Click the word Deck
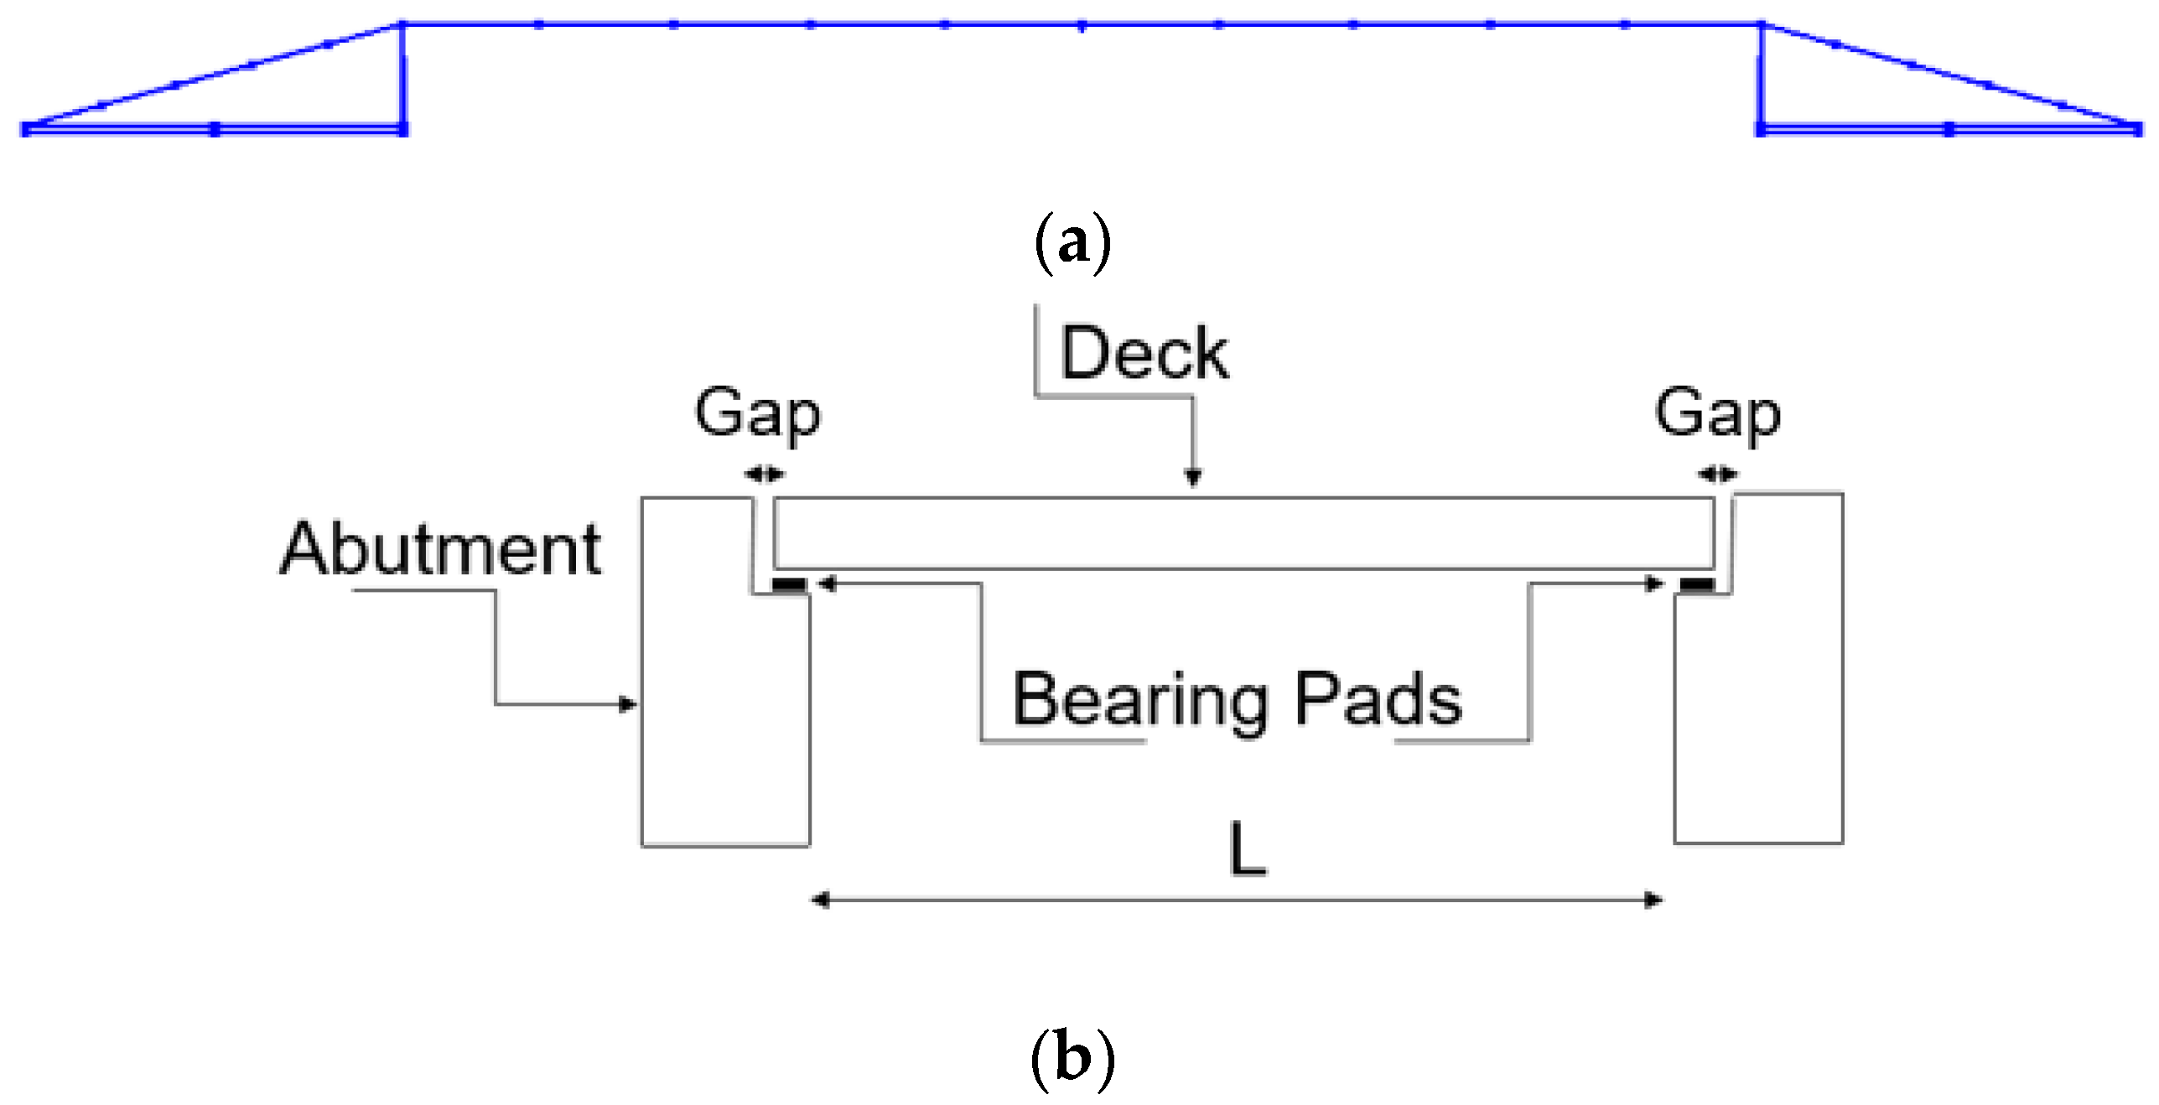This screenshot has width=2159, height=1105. coord(1144,353)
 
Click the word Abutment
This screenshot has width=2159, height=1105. coord(440,549)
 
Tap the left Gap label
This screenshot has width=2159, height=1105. coord(757,413)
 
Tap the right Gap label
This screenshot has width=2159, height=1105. coord(1717,413)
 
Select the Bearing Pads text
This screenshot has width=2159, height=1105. coord(1237,699)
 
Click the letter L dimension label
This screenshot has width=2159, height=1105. coord(1247,849)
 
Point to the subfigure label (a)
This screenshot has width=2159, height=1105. coord(1072,243)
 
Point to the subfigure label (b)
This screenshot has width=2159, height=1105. coord(1072,1058)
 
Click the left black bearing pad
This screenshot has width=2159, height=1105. coord(789,584)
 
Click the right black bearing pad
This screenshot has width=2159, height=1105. coord(1697,584)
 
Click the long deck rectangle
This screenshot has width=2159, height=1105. coord(1241,533)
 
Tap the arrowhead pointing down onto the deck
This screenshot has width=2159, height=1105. coord(1193,478)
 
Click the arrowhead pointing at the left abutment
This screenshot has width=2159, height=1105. coord(628,704)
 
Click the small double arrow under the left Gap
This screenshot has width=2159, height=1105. coord(764,475)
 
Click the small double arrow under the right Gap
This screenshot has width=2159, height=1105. coord(1717,475)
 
